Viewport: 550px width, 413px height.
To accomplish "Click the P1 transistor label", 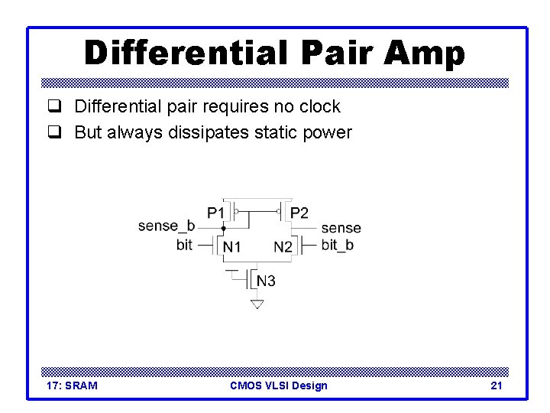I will tap(216, 212).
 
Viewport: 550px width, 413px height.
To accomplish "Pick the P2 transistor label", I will tap(299, 213).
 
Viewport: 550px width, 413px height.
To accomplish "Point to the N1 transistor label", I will tap(232, 246).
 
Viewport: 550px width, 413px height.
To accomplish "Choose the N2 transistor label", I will tap(283, 246).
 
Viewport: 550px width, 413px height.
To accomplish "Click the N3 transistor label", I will tap(266, 281).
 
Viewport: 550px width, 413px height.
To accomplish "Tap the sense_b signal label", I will tap(167, 226).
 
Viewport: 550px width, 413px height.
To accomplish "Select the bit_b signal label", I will tap(337, 245).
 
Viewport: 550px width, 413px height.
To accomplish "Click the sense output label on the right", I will tap(341, 228).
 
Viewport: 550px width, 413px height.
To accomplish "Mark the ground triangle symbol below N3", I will tap(257, 304).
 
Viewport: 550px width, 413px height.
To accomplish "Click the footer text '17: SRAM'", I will tap(72, 385).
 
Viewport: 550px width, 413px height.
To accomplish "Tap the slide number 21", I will tap(497, 385).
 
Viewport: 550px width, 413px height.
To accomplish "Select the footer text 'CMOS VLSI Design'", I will tap(278, 385).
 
